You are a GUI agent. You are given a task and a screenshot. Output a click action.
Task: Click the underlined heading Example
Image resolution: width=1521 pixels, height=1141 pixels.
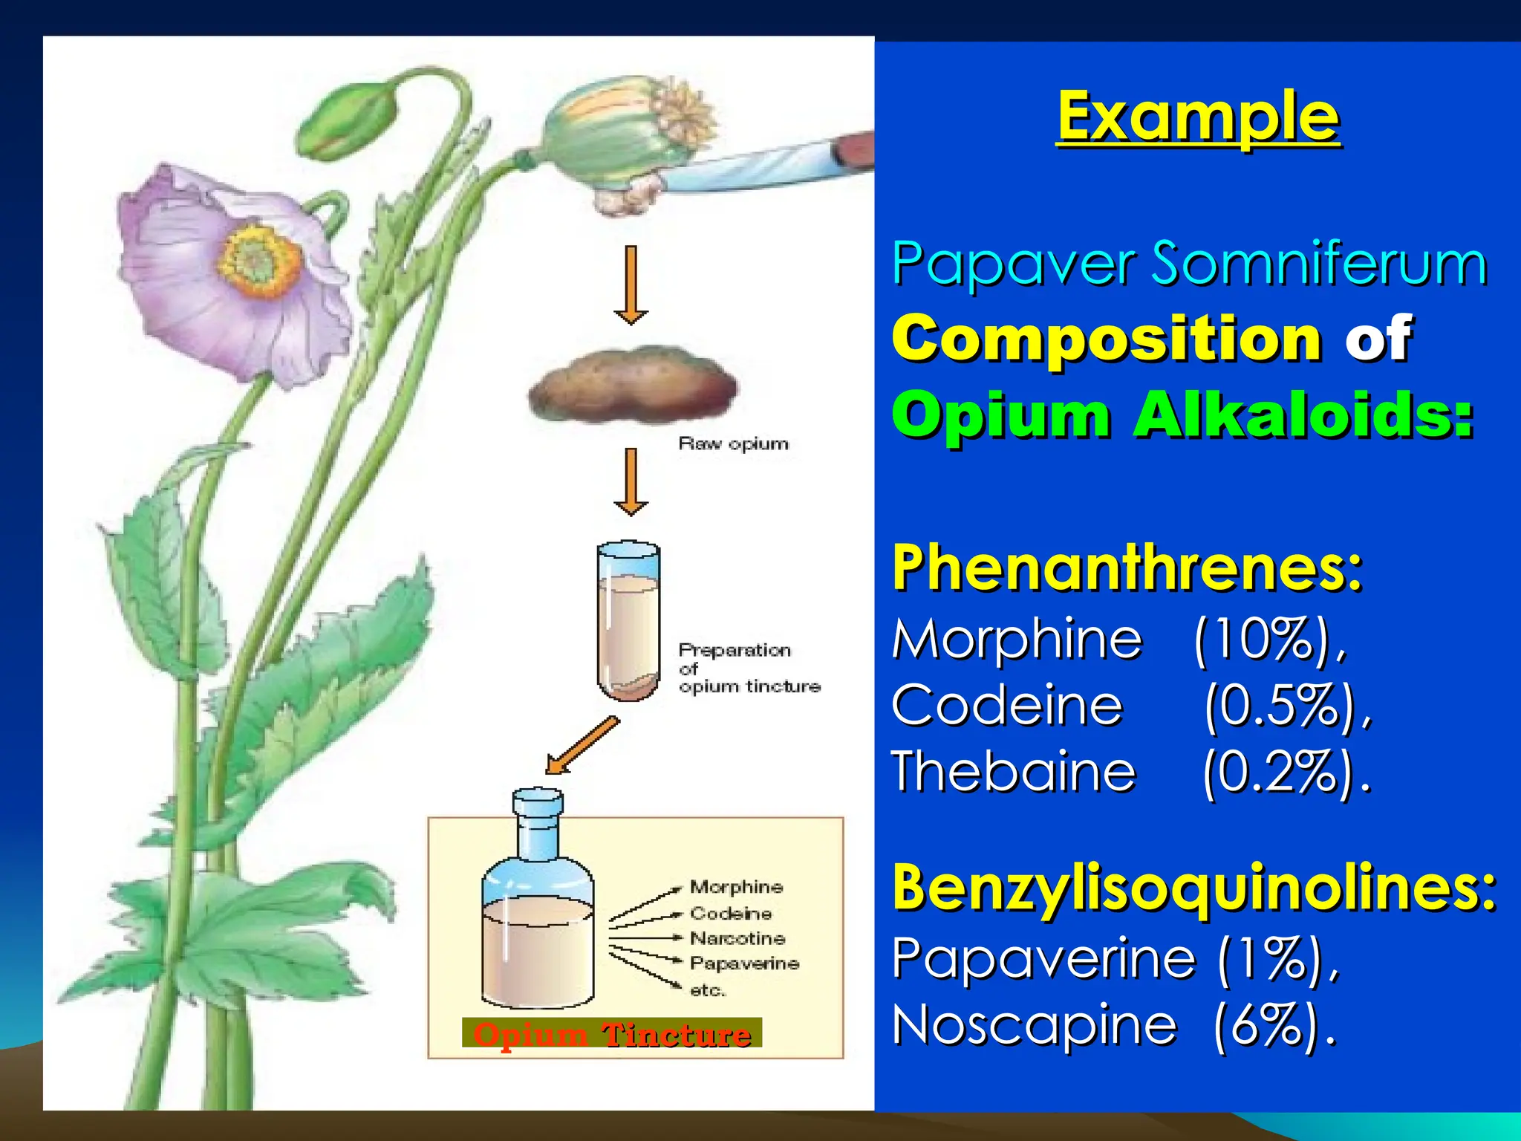click(x=1198, y=117)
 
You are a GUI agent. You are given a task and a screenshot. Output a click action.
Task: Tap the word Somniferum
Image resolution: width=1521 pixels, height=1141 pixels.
click(x=1319, y=264)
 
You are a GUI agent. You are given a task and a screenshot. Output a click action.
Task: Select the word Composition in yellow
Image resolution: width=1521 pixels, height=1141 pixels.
click(x=1107, y=339)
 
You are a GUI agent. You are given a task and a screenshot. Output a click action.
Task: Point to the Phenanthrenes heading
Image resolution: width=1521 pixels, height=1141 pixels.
click(x=1127, y=568)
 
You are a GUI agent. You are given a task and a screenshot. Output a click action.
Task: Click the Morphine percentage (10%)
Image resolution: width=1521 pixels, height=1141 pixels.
click(x=1269, y=639)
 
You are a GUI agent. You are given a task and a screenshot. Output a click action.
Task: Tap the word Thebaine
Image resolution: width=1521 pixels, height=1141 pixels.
click(x=1014, y=772)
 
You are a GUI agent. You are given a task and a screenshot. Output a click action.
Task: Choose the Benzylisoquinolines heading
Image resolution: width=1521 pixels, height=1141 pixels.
click(x=1194, y=888)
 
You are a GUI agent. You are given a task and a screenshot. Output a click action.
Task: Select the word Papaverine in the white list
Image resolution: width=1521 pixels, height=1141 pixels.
click(x=1043, y=958)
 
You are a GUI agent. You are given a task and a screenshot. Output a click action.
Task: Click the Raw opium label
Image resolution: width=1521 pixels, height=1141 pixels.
click(x=733, y=444)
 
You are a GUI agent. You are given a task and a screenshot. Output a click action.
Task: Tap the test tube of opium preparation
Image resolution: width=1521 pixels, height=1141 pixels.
click(x=628, y=621)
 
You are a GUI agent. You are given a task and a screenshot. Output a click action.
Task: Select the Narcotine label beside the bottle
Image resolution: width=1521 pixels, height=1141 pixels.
click(x=737, y=938)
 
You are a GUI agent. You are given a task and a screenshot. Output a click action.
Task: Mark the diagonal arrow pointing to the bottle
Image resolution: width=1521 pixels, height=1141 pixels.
click(x=582, y=745)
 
